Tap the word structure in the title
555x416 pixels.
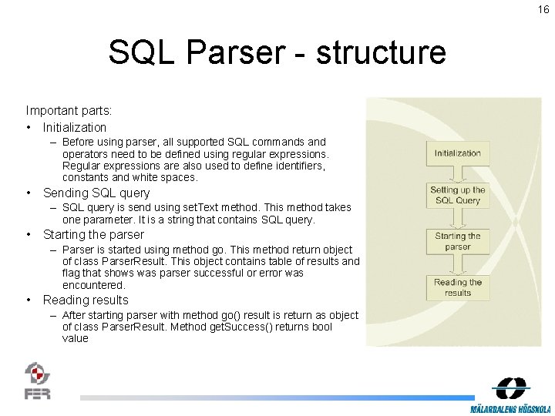coord(381,52)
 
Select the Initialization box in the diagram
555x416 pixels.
coord(457,153)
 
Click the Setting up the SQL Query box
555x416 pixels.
coord(457,195)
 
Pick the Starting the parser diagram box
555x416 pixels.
coord(457,241)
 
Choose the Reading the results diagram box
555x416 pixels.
coord(457,287)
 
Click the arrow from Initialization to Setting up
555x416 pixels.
coord(457,173)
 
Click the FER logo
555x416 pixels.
coord(38,381)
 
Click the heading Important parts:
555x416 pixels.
coord(69,111)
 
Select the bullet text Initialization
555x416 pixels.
coord(75,127)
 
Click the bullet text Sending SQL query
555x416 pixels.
coord(96,193)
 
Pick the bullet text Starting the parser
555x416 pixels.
coord(93,234)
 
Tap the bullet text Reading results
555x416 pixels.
coord(86,300)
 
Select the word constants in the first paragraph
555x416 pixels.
coord(86,177)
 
